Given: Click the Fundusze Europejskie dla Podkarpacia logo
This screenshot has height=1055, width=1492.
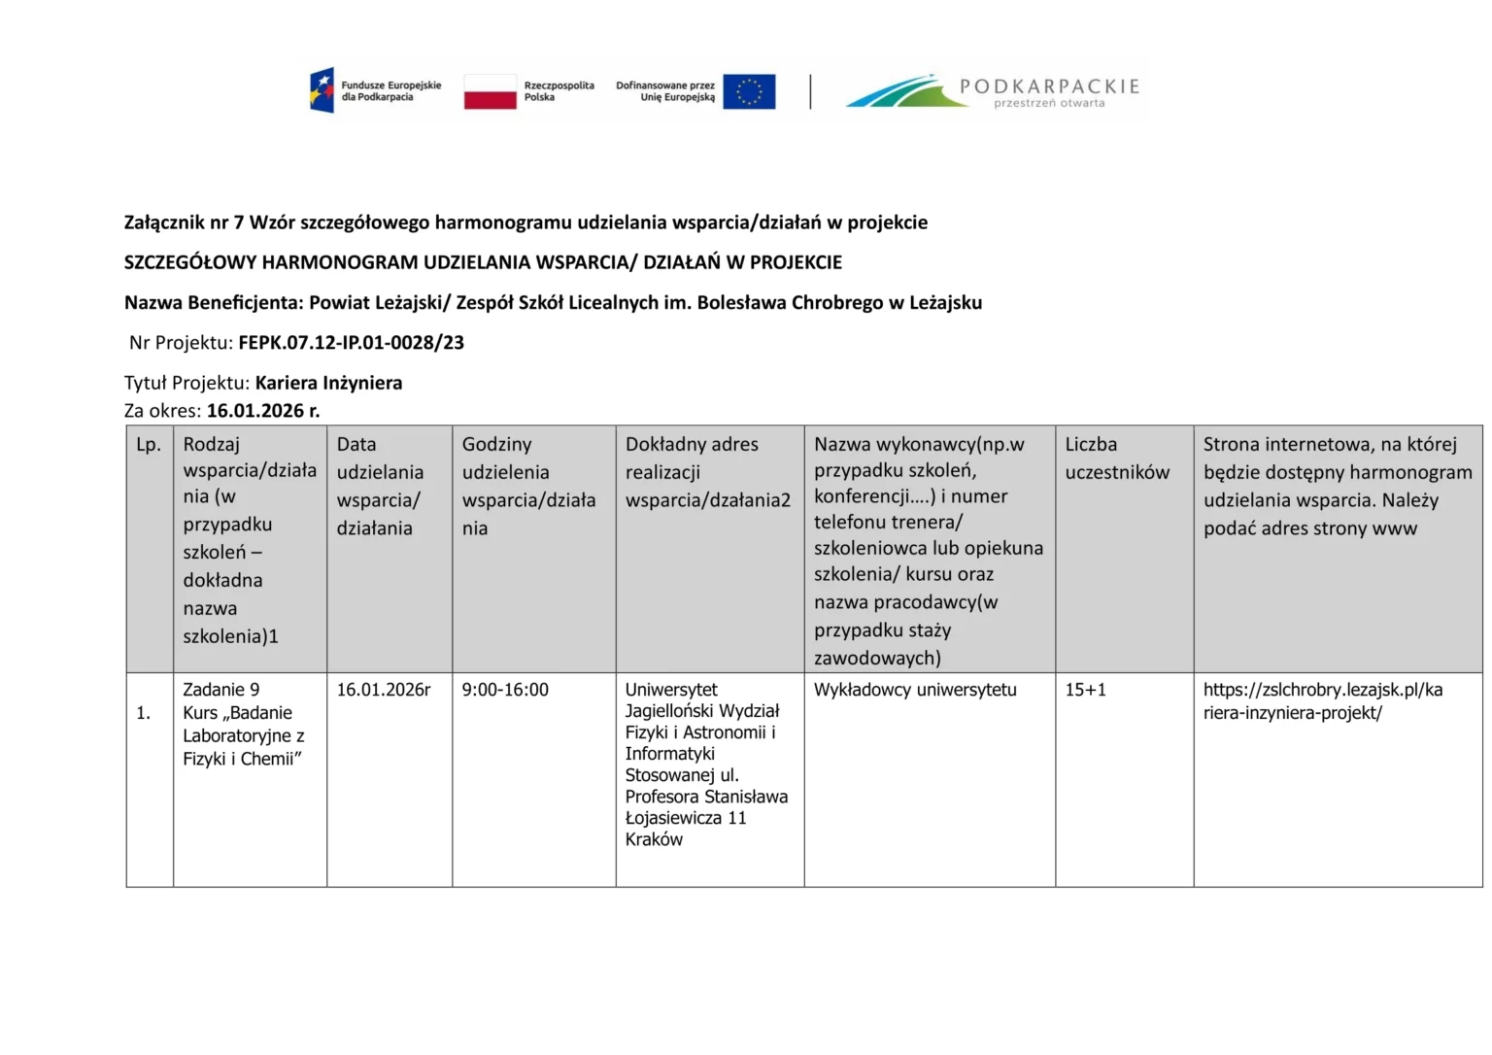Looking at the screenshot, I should coord(374,91).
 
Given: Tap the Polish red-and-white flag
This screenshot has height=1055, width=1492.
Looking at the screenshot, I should coord(490,91).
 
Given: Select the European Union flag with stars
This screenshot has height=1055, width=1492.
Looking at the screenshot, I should coord(749,91).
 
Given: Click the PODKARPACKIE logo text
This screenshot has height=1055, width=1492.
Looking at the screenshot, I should coord(1048,86).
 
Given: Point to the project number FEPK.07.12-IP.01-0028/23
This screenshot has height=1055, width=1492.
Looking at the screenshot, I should coord(351,343).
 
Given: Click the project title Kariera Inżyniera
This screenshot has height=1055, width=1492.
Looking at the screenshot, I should coord(328,383).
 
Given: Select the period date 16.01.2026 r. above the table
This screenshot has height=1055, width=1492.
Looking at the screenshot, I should coord(262,411).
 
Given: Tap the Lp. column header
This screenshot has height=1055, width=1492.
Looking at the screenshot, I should coord(149,445).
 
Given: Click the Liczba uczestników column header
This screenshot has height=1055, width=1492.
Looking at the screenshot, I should coord(1117,459).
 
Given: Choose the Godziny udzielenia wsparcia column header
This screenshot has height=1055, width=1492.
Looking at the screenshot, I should coord(528,486).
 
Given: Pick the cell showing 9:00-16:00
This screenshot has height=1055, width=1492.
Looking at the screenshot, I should coord(505,690).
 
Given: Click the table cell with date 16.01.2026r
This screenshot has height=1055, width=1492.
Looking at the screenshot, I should coord(383,690).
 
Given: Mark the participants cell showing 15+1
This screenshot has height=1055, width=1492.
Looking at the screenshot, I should coord(1085,690).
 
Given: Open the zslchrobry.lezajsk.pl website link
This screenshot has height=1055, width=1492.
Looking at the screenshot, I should coord(1322,700).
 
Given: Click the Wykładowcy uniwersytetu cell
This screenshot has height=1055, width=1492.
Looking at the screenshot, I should coord(915,690).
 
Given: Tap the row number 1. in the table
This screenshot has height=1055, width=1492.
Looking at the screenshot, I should coord(143,713).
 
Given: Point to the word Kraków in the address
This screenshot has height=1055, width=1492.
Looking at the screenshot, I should coord(654,839).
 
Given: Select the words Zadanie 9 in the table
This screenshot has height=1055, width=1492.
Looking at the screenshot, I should coord(221,690).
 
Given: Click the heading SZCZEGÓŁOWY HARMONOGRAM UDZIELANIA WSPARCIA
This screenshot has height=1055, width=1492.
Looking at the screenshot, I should coord(483,262).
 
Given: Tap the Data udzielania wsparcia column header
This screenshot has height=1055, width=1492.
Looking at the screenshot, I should coord(380,486).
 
